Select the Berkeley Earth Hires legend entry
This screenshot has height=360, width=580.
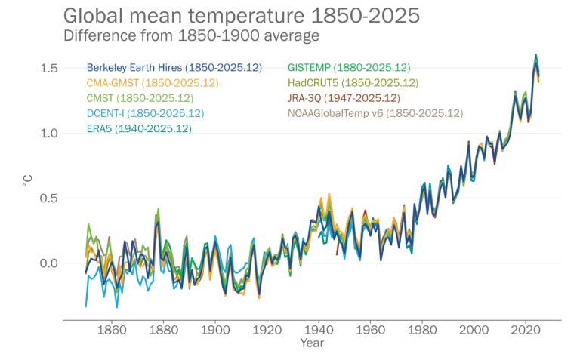[x=174, y=68]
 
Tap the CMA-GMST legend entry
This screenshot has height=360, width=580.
[x=153, y=83]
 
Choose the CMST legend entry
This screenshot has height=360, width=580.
[x=140, y=98]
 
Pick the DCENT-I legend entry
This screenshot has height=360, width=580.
[x=145, y=113]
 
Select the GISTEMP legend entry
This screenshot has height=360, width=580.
[x=348, y=68]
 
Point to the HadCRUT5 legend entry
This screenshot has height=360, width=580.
[x=353, y=83]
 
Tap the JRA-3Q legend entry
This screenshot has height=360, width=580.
[x=344, y=98]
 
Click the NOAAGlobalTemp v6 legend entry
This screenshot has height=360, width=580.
[x=375, y=113]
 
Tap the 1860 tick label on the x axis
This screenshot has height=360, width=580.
[x=112, y=330]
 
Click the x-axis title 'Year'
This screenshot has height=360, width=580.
[x=311, y=343]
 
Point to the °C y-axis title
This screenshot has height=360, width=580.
[x=27, y=179]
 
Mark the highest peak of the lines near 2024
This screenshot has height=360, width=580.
[x=536, y=56]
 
